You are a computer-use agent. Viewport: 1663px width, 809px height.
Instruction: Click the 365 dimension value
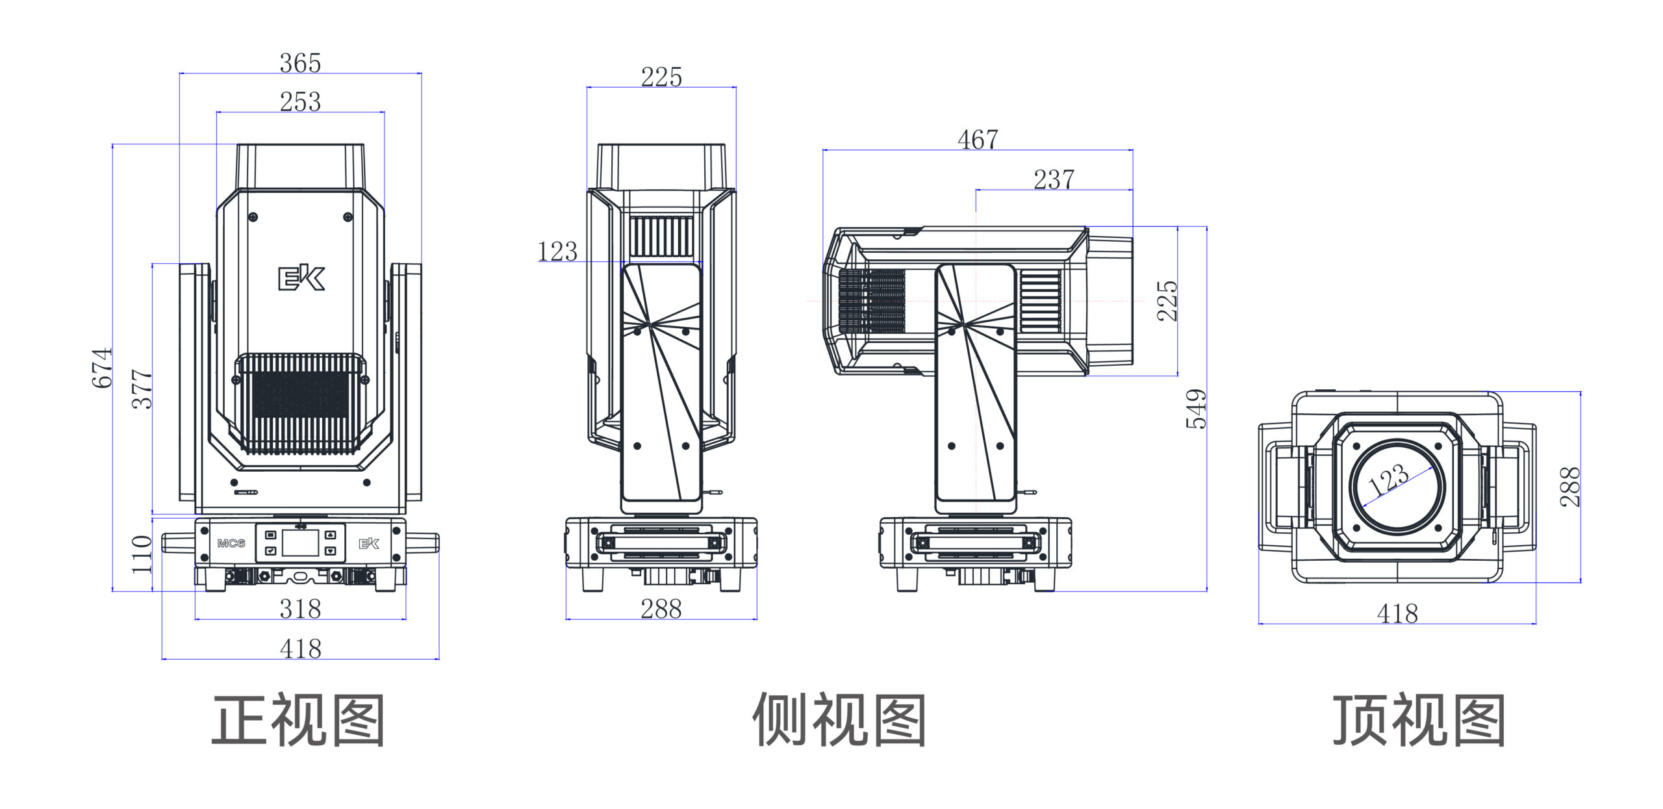(300, 63)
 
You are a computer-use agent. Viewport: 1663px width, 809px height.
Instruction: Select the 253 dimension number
(300, 101)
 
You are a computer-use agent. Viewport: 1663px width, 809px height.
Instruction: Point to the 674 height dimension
(102, 368)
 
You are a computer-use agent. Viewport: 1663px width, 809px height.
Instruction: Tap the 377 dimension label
(142, 389)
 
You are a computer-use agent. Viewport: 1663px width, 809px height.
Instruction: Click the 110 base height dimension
(142, 554)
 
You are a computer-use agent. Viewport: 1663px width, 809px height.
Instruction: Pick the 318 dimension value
(300, 609)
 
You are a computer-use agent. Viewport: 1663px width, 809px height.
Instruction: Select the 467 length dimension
(978, 139)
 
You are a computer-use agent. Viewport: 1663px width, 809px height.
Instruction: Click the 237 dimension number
(1054, 179)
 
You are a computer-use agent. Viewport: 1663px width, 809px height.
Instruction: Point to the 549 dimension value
(1196, 409)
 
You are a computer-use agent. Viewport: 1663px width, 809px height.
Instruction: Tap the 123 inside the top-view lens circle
(1388, 480)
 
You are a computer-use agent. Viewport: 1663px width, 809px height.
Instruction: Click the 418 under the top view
(1397, 613)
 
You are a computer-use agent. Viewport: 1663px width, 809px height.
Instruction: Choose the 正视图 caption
(298, 720)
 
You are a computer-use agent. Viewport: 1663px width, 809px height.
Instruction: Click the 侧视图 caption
(839, 720)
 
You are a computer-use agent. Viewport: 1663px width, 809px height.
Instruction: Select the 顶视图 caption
(1419, 720)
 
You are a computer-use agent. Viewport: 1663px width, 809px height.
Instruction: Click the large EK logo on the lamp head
(301, 278)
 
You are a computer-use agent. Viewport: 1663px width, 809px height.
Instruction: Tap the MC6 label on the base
(231, 543)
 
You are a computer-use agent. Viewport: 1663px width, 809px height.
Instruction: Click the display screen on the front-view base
(300, 543)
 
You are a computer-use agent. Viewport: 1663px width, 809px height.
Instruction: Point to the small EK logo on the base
(369, 543)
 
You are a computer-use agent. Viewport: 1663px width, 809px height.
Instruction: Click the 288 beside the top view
(1569, 487)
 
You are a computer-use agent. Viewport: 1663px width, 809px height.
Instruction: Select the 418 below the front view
(300, 648)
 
